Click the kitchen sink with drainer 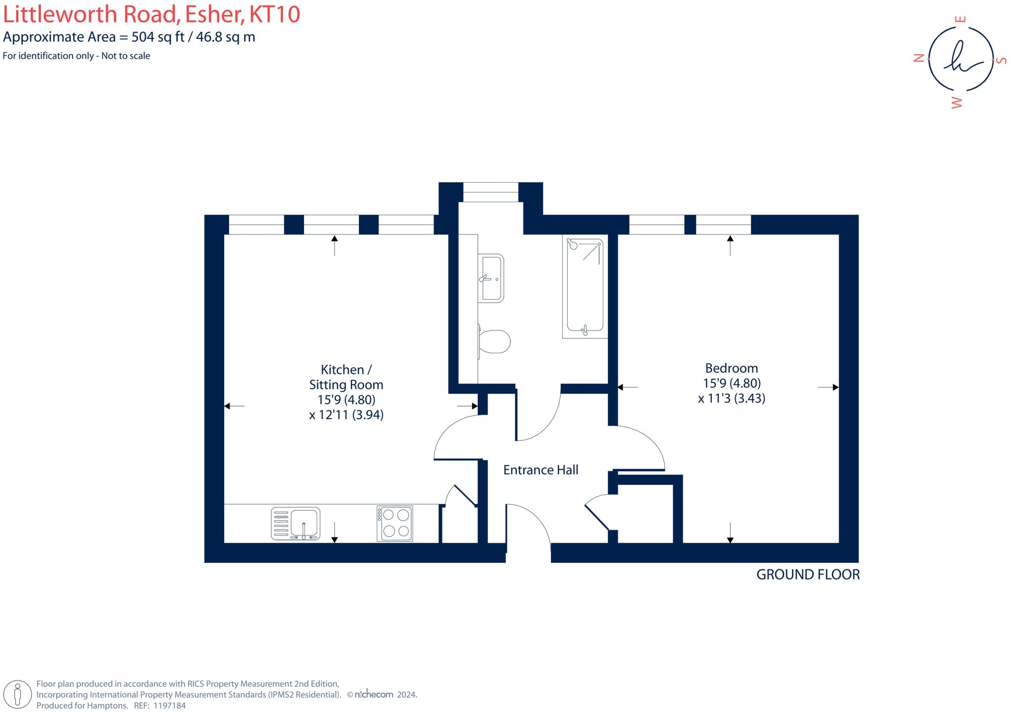tap(295, 524)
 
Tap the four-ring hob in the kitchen tap(394, 524)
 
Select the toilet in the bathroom tap(494, 341)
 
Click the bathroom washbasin tap(492, 278)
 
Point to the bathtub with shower tap(585, 286)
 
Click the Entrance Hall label tap(541, 470)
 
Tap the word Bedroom tap(731, 368)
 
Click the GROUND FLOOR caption tap(808, 574)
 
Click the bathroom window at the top tap(491, 192)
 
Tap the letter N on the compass tap(919, 59)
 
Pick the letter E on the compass tap(961, 20)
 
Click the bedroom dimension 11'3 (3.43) tap(732, 398)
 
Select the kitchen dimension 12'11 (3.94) tap(346, 415)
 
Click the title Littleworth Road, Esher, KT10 tap(152, 14)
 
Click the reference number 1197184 tap(169, 706)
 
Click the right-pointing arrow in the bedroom tap(834, 387)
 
